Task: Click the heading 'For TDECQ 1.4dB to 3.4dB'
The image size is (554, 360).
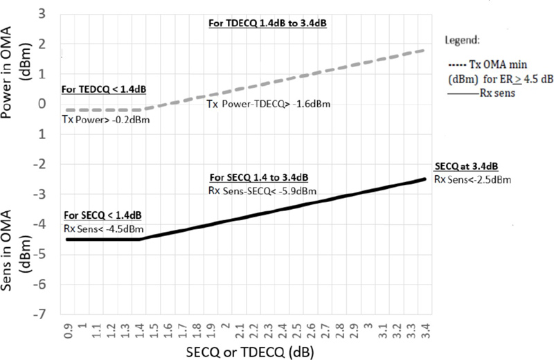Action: [x=267, y=24]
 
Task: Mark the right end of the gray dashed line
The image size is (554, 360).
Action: [x=425, y=51]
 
